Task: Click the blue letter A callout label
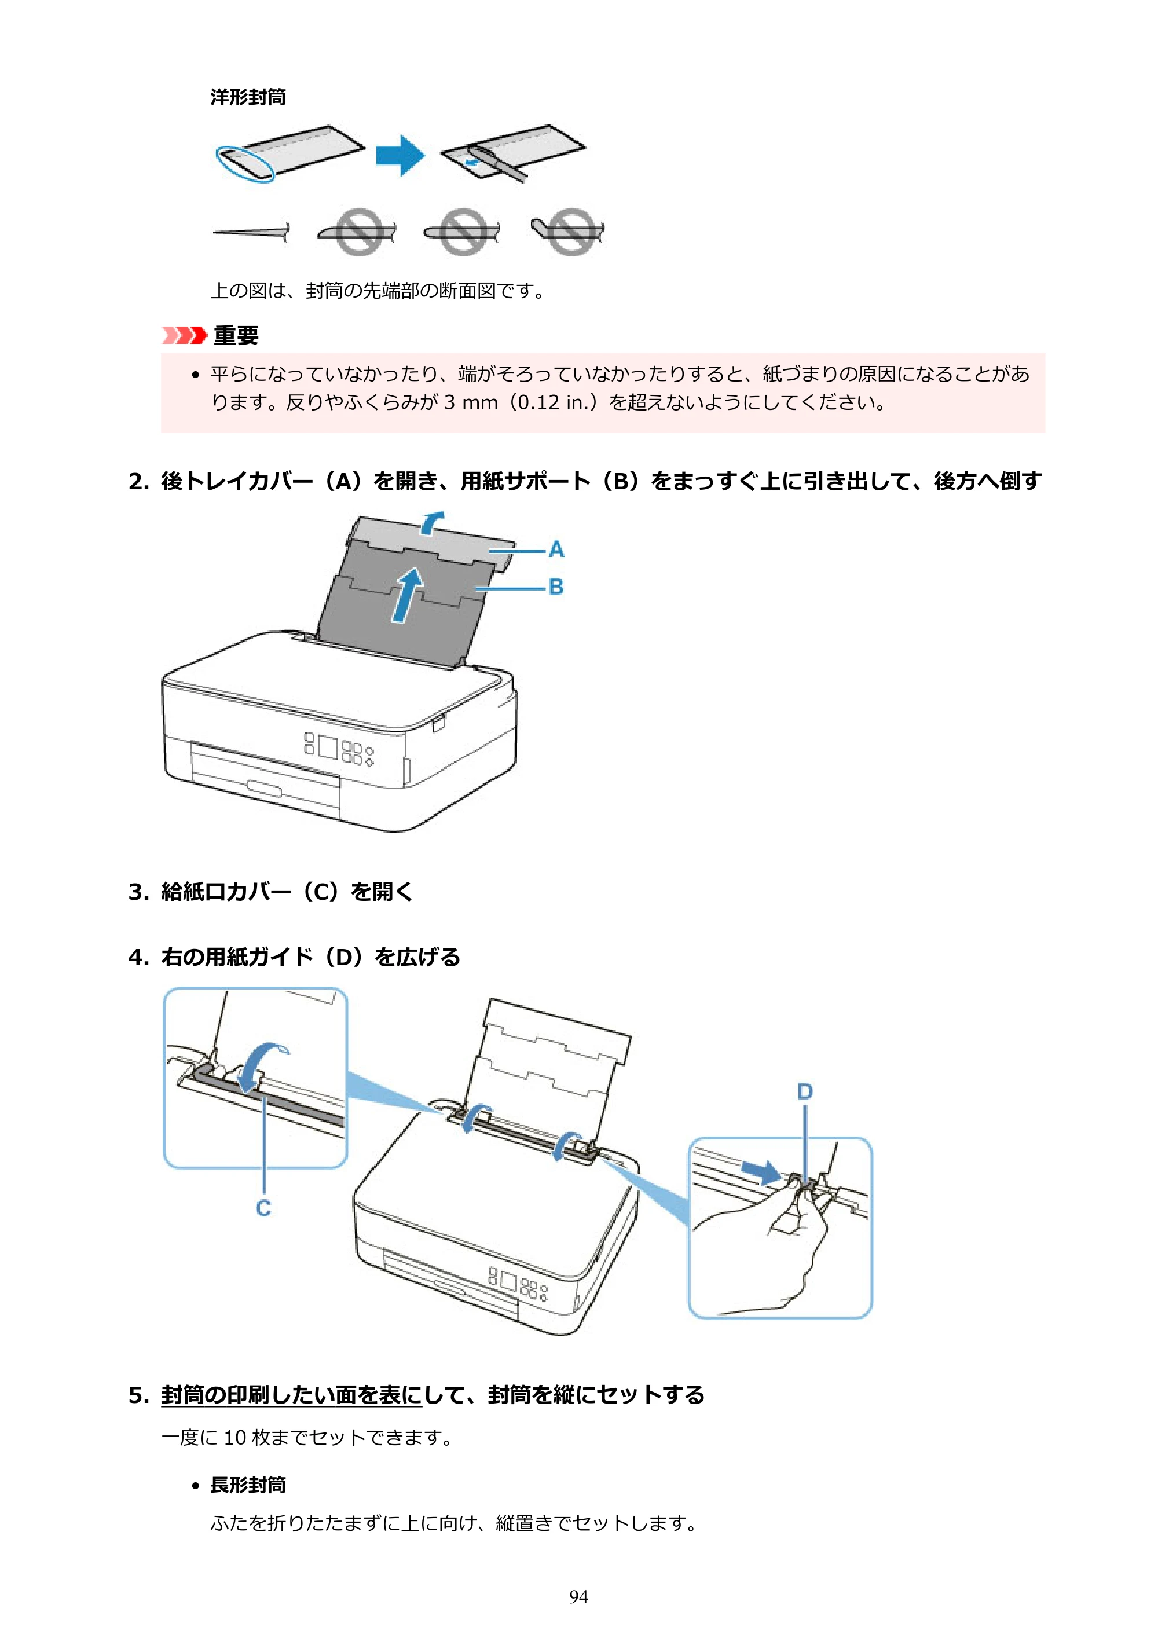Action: [556, 549]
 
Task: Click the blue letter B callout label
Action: [556, 587]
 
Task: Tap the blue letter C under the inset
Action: [264, 1208]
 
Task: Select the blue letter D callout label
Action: [805, 1091]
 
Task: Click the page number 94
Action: [578, 1597]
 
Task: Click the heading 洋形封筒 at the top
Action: [248, 97]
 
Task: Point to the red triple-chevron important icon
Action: [184, 335]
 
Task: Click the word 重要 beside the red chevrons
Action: [236, 335]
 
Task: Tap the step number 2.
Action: [138, 482]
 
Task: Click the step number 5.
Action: [138, 1394]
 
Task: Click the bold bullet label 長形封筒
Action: [248, 1485]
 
